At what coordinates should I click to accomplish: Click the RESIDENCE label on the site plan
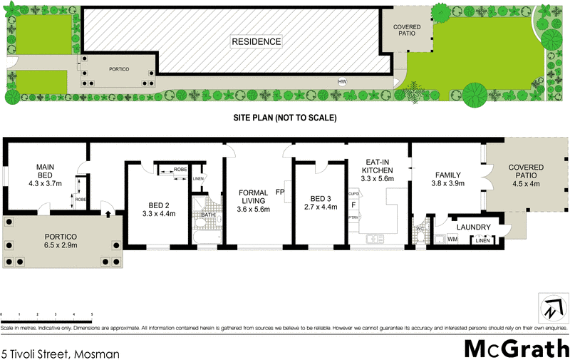pyautogui.click(x=256, y=41)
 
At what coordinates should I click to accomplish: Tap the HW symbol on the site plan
pyautogui.click(x=342, y=81)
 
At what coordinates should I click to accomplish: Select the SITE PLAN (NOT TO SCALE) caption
pyautogui.click(x=285, y=118)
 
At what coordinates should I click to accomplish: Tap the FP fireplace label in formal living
pyautogui.click(x=280, y=192)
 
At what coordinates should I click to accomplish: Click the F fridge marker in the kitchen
pyautogui.click(x=353, y=205)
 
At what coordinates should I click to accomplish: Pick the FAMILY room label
pyautogui.click(x=449, y=175)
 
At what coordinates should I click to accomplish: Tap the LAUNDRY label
pyautogui.click(x=475, y=227)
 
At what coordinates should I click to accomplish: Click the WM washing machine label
pyautogui.click(x=452, y=240)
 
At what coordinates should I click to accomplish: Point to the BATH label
pyautogui.click(x=208, y=215)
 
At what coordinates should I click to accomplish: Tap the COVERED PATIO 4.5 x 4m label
pyautogui.click(x=525, y=175)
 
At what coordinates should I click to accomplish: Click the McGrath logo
pyautogui.click(x=516, y=349)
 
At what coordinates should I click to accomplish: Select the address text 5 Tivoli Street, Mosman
pyautogui.click(x=61, y=353)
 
